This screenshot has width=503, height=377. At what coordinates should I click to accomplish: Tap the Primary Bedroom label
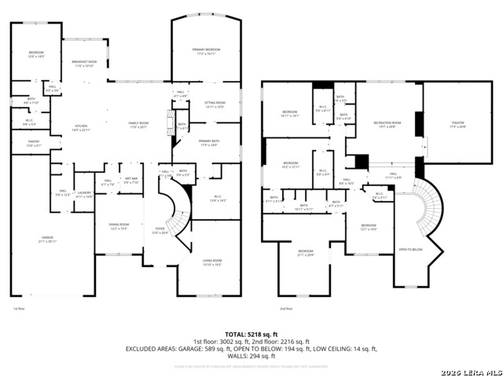coord(207,51)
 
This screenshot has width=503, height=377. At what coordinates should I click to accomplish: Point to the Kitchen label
coord(81,127)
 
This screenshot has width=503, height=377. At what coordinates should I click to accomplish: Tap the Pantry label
coord(33,144)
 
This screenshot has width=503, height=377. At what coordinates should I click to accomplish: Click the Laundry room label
coord(84,194)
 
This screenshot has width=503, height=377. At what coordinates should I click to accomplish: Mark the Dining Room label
coord(119,227)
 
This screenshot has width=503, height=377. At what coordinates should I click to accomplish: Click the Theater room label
coord(457,124)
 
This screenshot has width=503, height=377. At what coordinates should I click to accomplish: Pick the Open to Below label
coord(411,250)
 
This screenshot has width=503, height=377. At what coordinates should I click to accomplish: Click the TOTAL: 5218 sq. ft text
coord(251,334)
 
